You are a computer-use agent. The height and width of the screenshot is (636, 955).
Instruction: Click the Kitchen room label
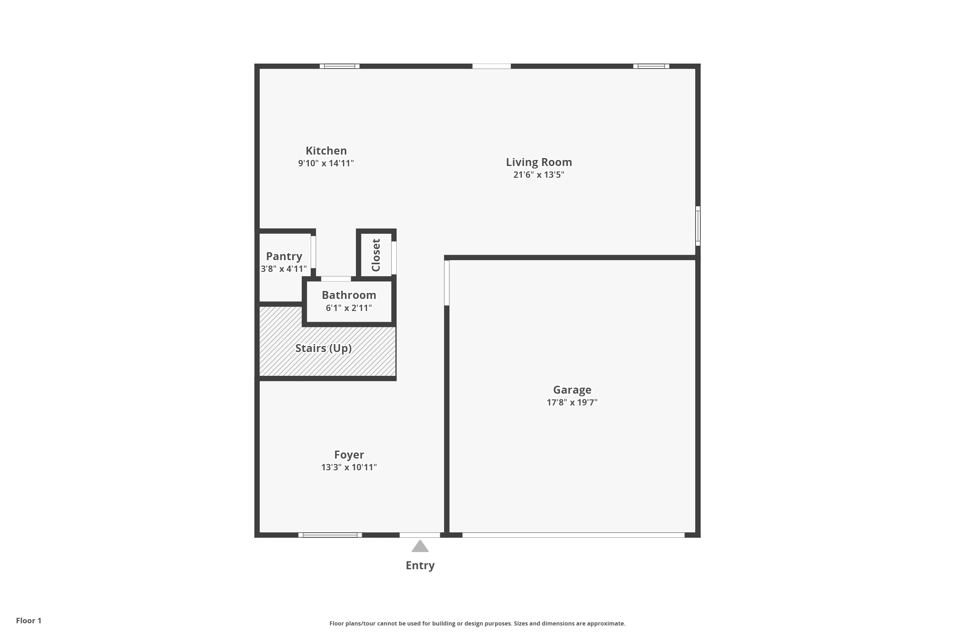point(326,151)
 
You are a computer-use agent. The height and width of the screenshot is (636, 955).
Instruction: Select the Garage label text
point(572,390)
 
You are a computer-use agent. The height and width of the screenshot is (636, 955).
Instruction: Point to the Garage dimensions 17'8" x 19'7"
point(572,402)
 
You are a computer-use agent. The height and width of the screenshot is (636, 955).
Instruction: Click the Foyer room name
point(349,455)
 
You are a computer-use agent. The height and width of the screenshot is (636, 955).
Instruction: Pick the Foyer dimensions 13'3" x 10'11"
point(349,467)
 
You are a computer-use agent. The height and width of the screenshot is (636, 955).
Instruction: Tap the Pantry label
point(284,256)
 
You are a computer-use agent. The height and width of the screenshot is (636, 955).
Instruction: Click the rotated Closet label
point(376,255)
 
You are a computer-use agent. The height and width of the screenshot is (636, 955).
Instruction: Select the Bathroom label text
point(349,295)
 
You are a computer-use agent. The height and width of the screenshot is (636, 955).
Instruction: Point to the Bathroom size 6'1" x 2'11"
point(349,308)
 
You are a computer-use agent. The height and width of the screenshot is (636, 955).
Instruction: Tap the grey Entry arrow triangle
point(420,547)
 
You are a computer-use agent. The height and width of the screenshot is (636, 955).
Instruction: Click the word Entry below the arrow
point(420,565)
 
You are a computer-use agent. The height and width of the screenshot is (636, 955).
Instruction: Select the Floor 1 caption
point(28,621)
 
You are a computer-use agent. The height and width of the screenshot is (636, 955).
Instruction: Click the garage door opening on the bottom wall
point(573,535)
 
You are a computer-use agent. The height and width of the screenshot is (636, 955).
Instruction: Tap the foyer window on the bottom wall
point(330,535)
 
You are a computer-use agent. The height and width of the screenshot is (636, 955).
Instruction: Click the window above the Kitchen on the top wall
point(339,66)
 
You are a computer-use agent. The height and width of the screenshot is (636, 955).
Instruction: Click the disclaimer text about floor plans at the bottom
point(477,623)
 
